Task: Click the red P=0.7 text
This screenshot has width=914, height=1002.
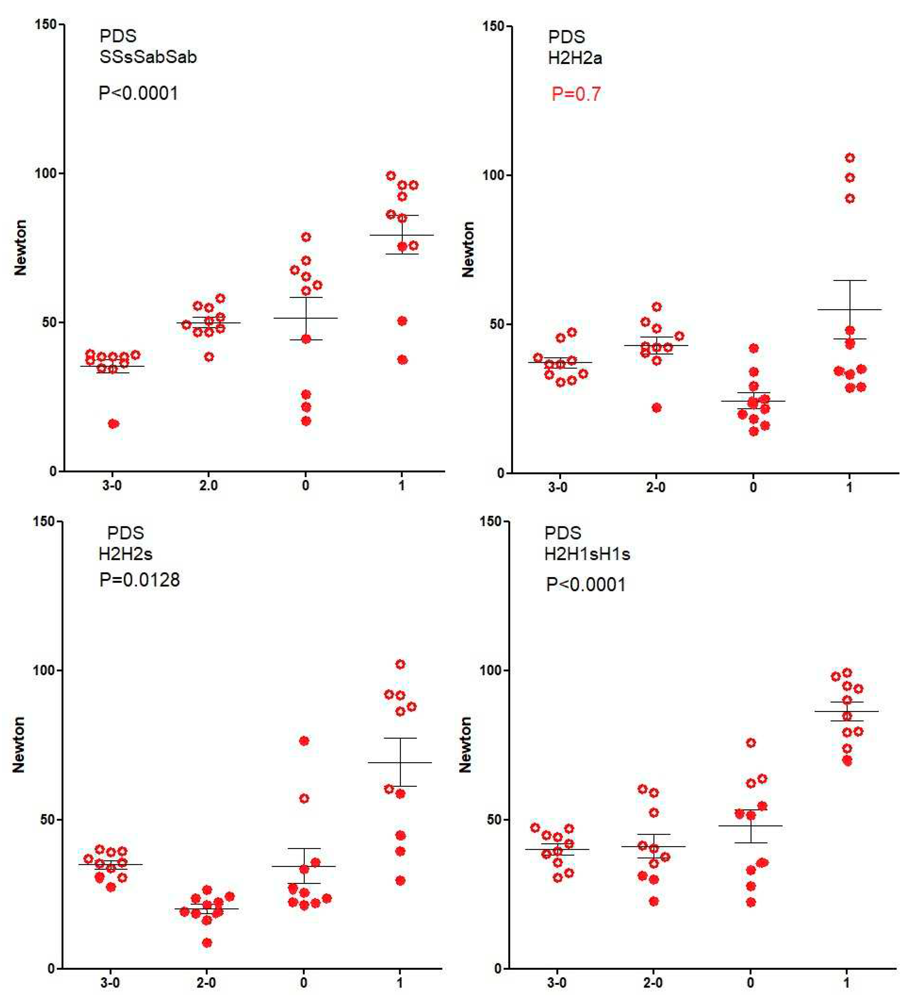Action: [x=576, y=94]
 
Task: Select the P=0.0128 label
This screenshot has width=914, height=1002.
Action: [x=139, y=580]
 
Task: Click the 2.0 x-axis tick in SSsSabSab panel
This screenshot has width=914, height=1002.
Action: [x=209, y=486]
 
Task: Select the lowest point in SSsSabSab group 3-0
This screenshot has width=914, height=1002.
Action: [x=113, y=423]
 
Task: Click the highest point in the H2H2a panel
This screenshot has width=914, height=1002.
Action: [x=850, y=158]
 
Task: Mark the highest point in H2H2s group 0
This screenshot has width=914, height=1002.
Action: [x=304, y=741]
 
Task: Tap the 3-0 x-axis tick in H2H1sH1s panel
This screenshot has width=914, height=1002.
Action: [x=557, y=983]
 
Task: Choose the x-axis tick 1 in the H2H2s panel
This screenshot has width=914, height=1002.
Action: [x=400, y=983]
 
